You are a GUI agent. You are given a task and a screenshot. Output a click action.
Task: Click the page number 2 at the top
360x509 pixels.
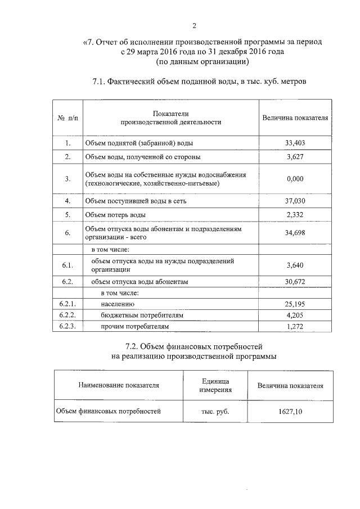click(194, 25)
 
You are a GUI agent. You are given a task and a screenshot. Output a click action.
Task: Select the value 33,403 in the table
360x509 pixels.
click(295, 143)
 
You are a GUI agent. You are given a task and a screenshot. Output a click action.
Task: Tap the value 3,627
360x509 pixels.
click(295, 157)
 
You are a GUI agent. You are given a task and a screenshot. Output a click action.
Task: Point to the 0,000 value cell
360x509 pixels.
click(295, 179)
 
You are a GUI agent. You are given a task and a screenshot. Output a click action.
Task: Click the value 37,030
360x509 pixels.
click(295, 200)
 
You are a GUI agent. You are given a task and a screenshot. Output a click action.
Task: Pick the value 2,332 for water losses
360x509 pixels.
click(295, 214)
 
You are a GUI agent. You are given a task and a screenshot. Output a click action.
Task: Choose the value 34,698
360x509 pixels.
click(295, 232)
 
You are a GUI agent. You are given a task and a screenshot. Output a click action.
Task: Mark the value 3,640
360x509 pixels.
click(295, 265)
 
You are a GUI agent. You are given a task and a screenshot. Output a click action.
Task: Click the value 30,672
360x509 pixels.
click(295, 282)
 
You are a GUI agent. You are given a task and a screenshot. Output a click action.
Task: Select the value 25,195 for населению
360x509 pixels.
click(295, 304)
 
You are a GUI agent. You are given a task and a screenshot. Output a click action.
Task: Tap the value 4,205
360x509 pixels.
click(295, 315)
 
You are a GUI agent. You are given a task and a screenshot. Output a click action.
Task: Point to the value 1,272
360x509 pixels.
click(295, 326)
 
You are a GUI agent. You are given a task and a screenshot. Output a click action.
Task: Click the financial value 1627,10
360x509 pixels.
click(290, 412)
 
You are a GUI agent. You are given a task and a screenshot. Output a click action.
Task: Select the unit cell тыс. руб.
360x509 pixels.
click(215, 412)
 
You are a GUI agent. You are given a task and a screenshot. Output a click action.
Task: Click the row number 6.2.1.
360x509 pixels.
click(67, 304)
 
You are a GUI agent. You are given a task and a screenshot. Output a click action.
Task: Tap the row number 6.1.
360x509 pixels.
click(67, 265)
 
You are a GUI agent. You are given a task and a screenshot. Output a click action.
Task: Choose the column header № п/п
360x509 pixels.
click(67, 118)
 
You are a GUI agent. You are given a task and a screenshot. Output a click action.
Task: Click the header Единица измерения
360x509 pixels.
click(215, 385)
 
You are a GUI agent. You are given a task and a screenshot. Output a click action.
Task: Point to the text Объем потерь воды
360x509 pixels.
click(115, 215)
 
